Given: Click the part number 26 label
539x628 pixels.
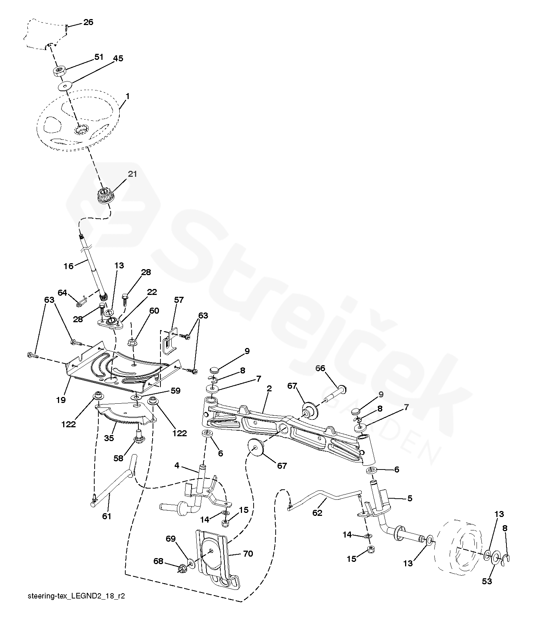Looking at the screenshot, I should coord(88,22).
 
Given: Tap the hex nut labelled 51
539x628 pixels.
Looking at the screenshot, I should coord(60,71).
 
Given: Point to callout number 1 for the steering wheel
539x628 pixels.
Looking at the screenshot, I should coord(128,96).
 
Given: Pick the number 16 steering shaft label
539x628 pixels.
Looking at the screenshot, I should coord(69,266).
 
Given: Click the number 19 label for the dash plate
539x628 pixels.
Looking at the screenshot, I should coord(61,400).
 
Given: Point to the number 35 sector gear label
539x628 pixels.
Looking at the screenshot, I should coord(109,438).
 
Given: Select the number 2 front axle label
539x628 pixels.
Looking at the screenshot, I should coord(269,388).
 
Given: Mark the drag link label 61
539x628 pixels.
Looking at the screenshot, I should coord(107,517).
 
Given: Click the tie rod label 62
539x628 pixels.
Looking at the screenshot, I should coord(317,513).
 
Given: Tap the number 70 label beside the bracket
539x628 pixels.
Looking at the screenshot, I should coord(248,554).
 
